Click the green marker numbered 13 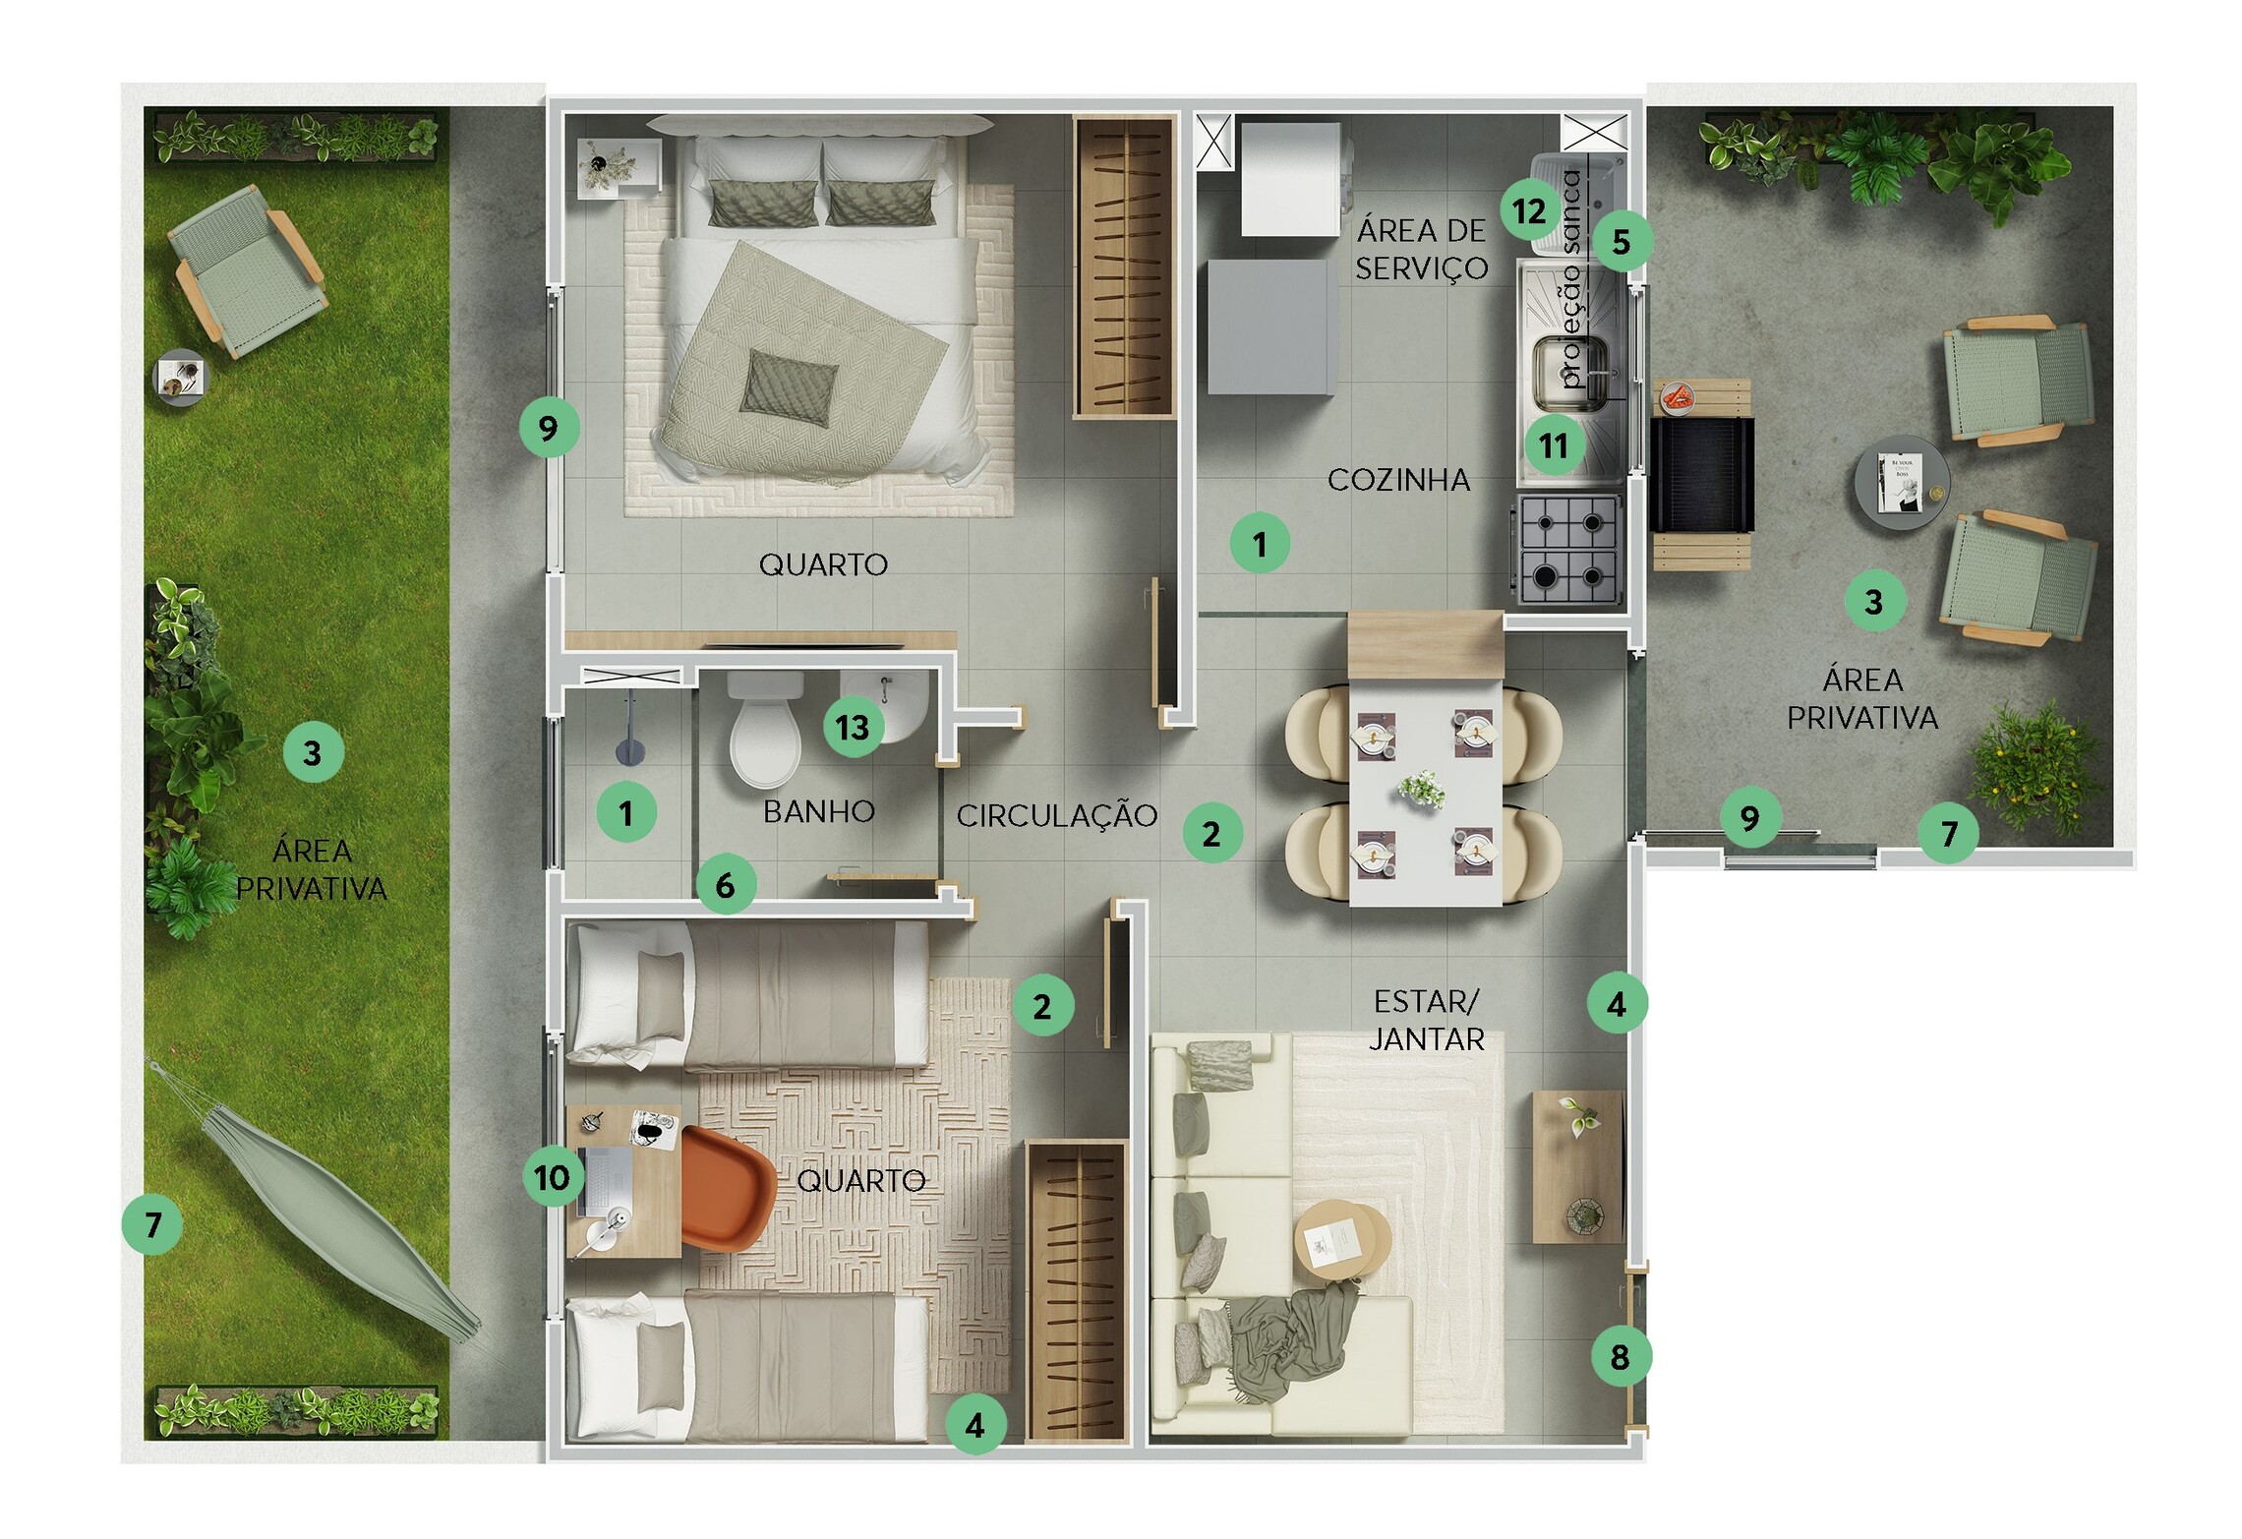tap(853, 727)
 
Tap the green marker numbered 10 tap(552, 1177)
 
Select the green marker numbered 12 tap(1529, 210)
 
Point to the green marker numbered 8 tap(1620, 1357)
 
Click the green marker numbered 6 tap(726, 885)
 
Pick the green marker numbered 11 tap(1553, 445)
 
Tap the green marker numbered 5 tap(1622, 241)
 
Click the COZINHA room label tap(1398, 480)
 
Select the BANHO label tap(818, 811)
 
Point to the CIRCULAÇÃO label tap(1057, 815)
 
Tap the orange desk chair tap(727, 1189)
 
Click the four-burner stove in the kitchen tap(1566, 548)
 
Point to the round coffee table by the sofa tap(1341, 1240)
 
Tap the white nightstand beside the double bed tap(618, 168)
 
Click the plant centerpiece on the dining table tap(1423, 790)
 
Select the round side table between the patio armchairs tap(1902, 483)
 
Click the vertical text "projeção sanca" tap(1570, 279)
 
